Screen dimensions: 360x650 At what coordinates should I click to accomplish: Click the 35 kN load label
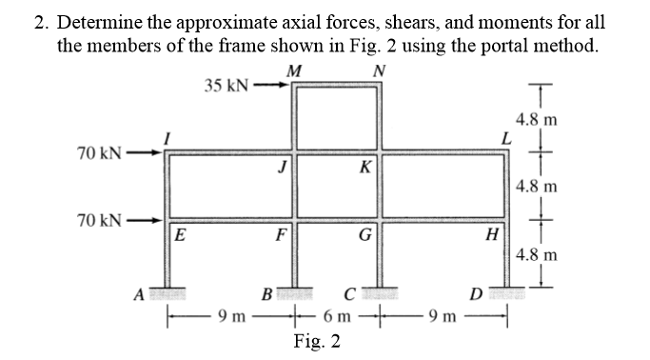[227, 85]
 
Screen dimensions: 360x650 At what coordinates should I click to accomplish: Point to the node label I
[167, 139]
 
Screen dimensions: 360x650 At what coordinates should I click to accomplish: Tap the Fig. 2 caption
[318, 341]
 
